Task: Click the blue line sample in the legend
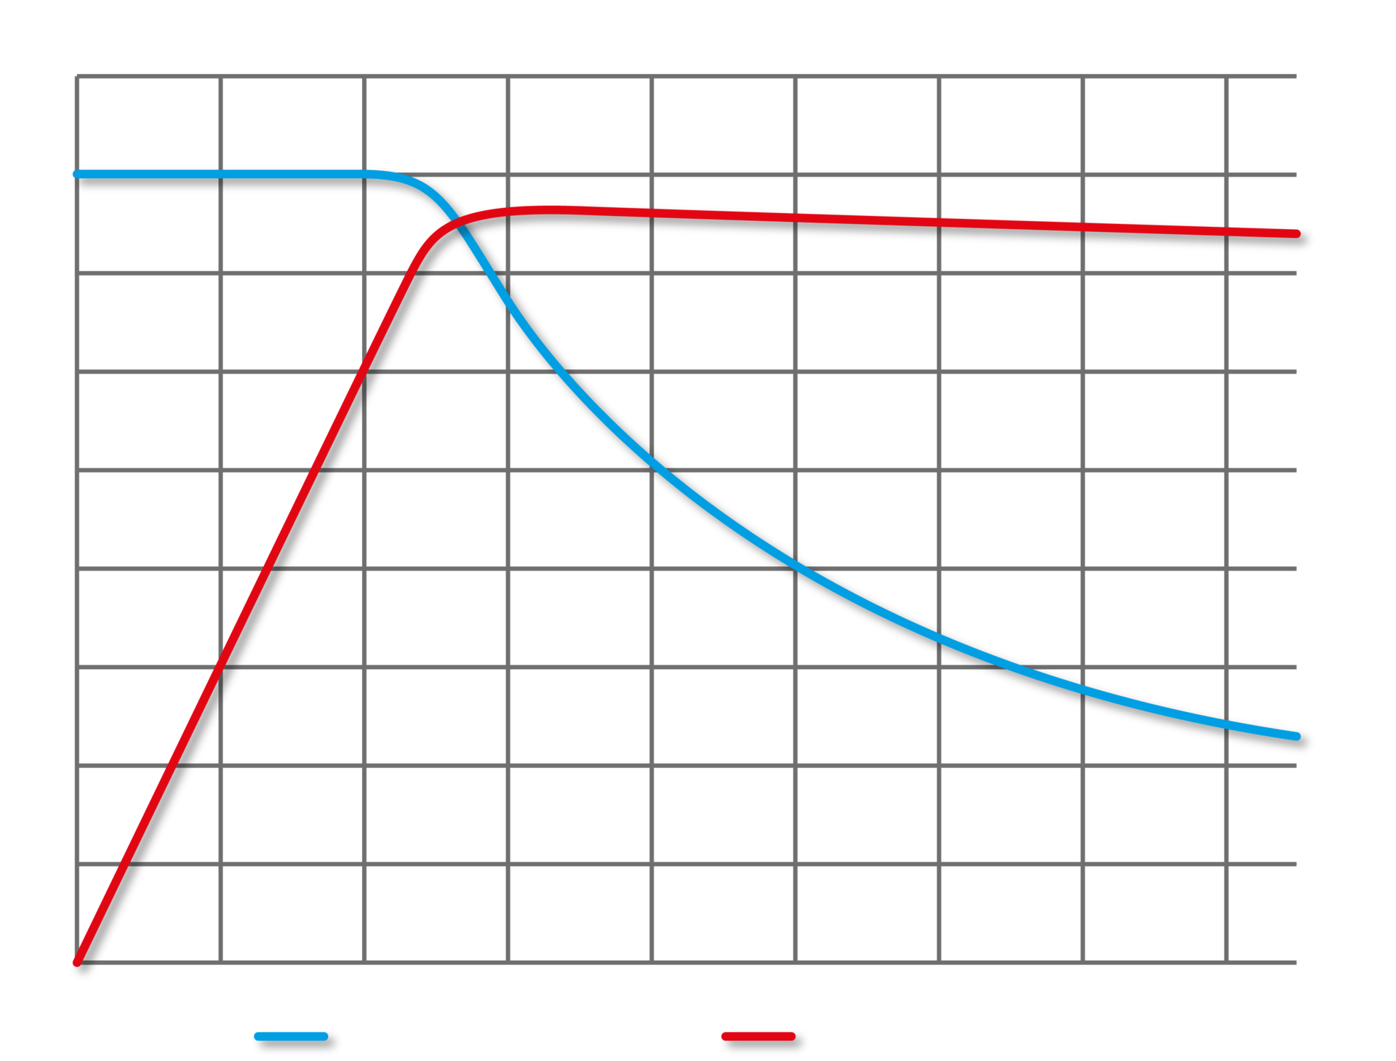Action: (291, 1036)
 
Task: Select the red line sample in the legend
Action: (758, 1036)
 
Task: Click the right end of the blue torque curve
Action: (1296, 736)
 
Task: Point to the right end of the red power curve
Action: (1296, 233)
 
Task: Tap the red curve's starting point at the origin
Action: (76, 962)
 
